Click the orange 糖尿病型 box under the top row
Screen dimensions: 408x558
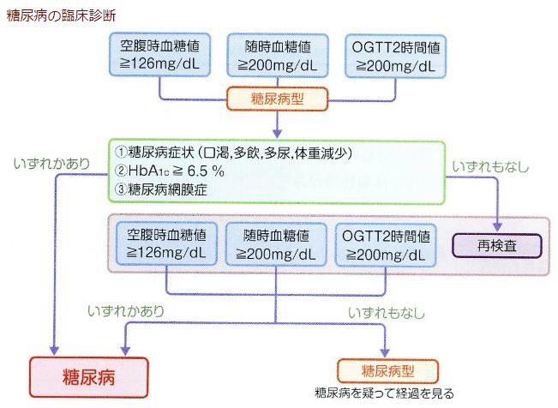tap(276, 99)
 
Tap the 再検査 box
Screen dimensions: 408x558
tap(497, 244)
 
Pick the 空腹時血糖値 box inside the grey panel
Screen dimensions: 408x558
tap(165, 244)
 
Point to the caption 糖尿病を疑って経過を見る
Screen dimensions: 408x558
tap(385, 393)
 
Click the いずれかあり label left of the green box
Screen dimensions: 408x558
tap(51, 161)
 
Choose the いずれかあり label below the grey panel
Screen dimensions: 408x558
tap(126, 312)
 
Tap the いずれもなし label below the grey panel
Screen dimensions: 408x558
tap(387, 313)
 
